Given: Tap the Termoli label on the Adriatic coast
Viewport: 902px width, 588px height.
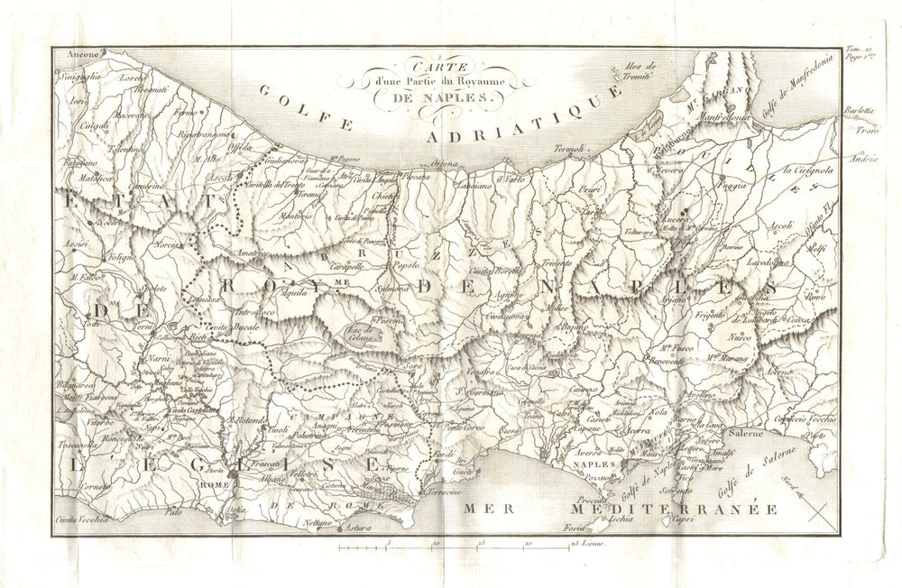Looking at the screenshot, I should [x=570, y=148].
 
